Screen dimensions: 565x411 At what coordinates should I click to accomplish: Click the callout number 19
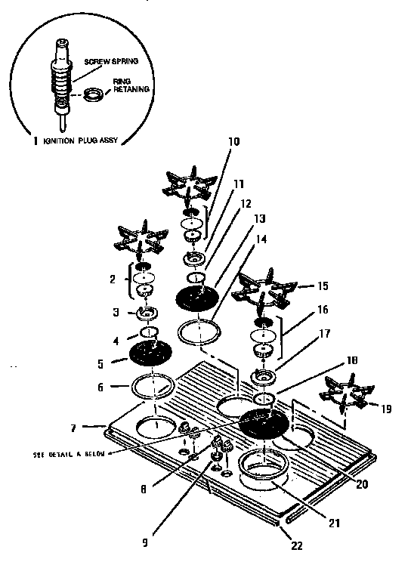click(x=387, y=409)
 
